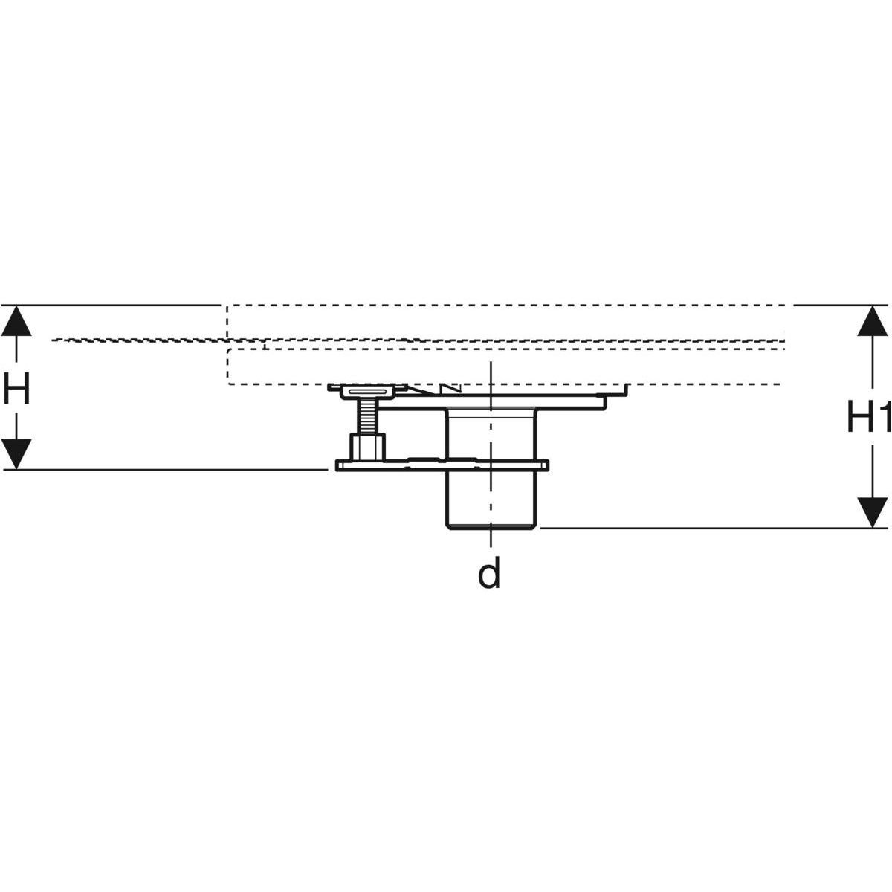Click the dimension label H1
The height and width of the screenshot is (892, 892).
pyautogui.click(x=868, y=418)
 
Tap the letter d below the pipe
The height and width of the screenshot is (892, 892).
pyautogui.click(x=488, y=574)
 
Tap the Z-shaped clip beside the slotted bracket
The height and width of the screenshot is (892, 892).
pyautogui.click(x=448, y=390)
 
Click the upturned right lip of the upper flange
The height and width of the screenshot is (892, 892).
pyautogui.click(x=626, y=390)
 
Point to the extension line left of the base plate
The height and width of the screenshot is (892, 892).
pyautogui.click(x=164, y=469)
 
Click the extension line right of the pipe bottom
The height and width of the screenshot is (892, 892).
pyautogui.click(x=706, y=528)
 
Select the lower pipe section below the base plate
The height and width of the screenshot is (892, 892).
pyautogui.click(x=491, y=498)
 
